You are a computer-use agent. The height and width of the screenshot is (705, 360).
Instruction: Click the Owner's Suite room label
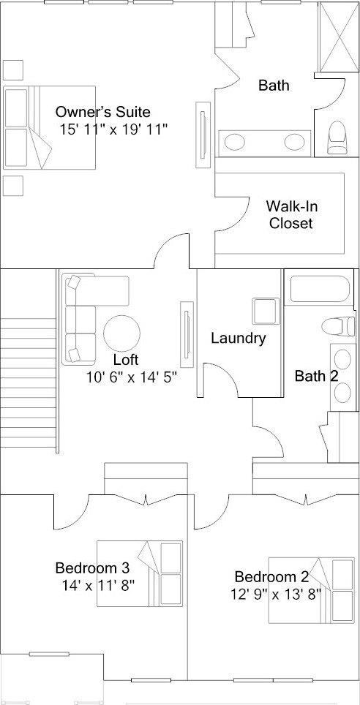coord(102,111)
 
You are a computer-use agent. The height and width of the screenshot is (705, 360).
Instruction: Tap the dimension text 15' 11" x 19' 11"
coord(113,129)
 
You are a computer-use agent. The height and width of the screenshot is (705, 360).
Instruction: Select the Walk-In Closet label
coord(290,214)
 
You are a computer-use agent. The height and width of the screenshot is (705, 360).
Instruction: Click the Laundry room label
coord(239,338)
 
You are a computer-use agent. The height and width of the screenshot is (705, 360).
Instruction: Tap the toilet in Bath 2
coord(338,325)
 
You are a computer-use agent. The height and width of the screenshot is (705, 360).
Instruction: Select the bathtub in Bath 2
coord(320,289)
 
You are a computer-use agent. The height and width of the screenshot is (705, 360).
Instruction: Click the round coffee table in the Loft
coord(121,333)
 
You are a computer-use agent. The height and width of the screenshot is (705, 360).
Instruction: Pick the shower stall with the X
coord(339,37)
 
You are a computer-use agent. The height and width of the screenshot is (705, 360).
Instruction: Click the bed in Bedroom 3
coord(140,573)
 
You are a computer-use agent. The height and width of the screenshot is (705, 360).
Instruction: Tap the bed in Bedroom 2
coord(311,590)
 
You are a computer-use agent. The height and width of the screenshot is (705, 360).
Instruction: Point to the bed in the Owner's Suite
coord(50,128)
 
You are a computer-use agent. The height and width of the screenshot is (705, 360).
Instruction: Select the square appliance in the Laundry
coord(266,311)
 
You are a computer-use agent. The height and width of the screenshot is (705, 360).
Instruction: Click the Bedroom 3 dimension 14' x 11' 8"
coord(99,585)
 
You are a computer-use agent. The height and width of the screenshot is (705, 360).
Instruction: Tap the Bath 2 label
coord(316,376)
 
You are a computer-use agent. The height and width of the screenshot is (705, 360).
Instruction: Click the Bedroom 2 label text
coord(271,576)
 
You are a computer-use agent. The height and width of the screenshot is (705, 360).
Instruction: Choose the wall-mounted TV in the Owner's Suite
coord(203,135)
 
